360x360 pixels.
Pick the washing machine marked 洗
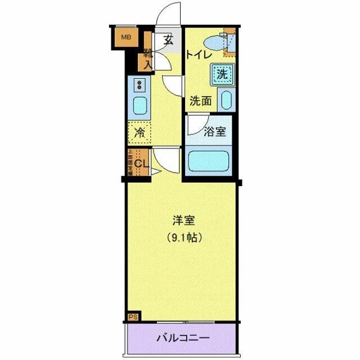coord(222,73)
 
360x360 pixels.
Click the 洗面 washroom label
coord(200,101)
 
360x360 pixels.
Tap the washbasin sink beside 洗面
coord(226,100)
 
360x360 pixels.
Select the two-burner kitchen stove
coord(139,85)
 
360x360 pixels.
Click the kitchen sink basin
coord(139,105)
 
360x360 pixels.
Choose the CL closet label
coord(141,164)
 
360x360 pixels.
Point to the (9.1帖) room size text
coord(181,237)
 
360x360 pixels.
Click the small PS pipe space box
coord(133,317)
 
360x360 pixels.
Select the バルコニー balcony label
coord(181,339)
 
